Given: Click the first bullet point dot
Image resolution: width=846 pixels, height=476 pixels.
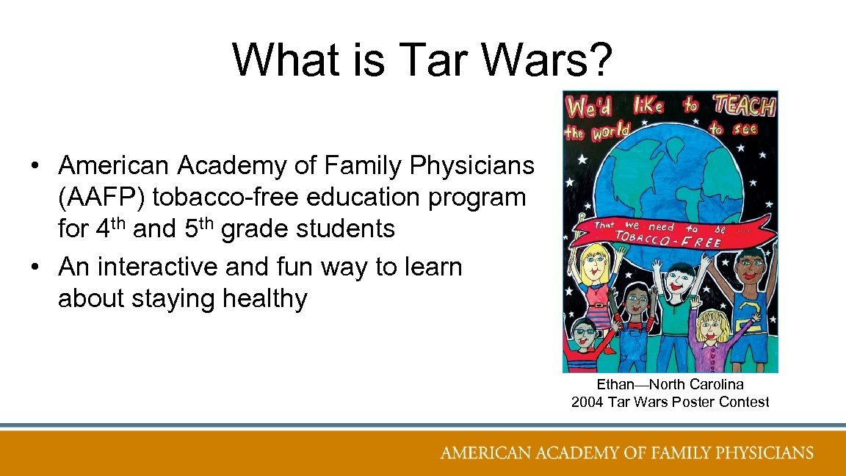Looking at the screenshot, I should (x=35, y=167).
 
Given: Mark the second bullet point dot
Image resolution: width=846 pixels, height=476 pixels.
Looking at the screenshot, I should (x=35, y=267).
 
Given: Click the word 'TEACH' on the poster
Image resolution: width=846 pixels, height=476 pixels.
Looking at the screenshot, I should (x=744, y=108).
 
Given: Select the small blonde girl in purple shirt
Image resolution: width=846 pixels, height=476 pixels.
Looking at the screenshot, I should (x=711, y=327).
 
